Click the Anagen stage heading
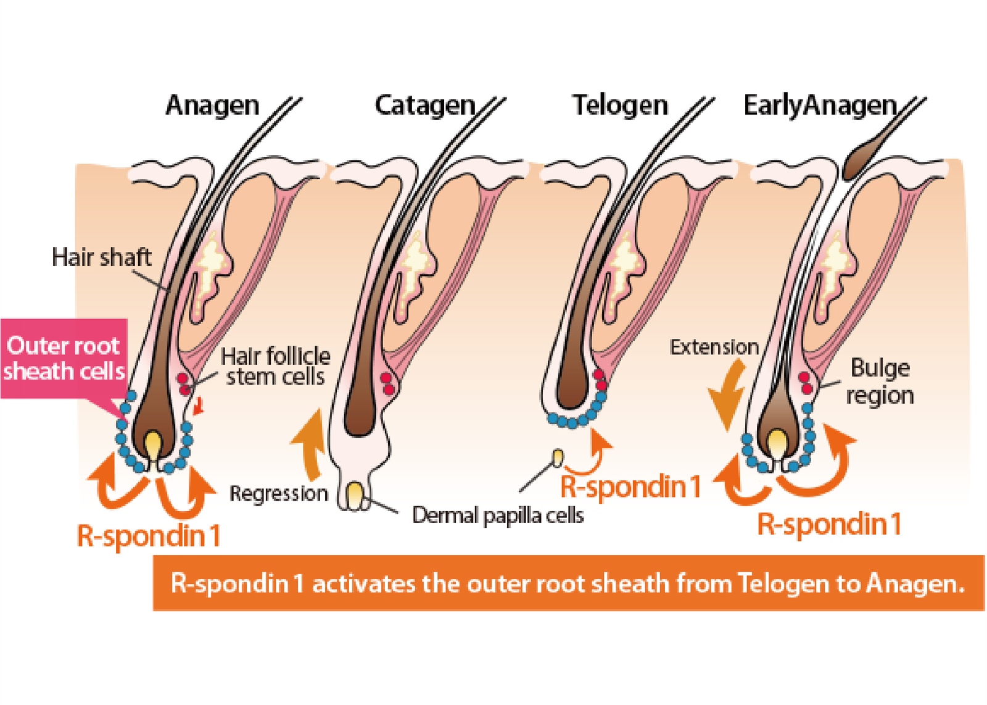pyautogui.click(x=212, y=106)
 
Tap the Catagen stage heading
pyautogui.click(x=425, y=106)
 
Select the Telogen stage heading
pyautogui.click(x=620, y=106)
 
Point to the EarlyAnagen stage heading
pyautogui.click(x=820, y=106)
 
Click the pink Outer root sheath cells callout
pyautogui.click(x=64, y=358)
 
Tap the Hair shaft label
pyautogui.click(x=101, y=257)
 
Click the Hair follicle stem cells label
pyautogui.click(x=275, y=366)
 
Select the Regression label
pyautogui.click(x=279, y=493)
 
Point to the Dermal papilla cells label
pyautogui.click(x=498, y=515)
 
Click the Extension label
pyautogui.click(x=714, y=347)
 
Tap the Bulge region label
pyautogui.click(x=880, y=382)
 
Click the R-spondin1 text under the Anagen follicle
pyautogui.click(x=149, y=536)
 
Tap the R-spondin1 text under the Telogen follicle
pyautogui.click(x=631, y=487)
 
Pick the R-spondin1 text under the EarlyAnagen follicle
pyautogui.click(x=829, y=525)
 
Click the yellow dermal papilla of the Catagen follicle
pyautogui.click(x=355, y=495)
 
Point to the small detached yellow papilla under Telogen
pyautogui.click(x=558, y=457)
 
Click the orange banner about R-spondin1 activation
pyautogui.click(x=568, y=583)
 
